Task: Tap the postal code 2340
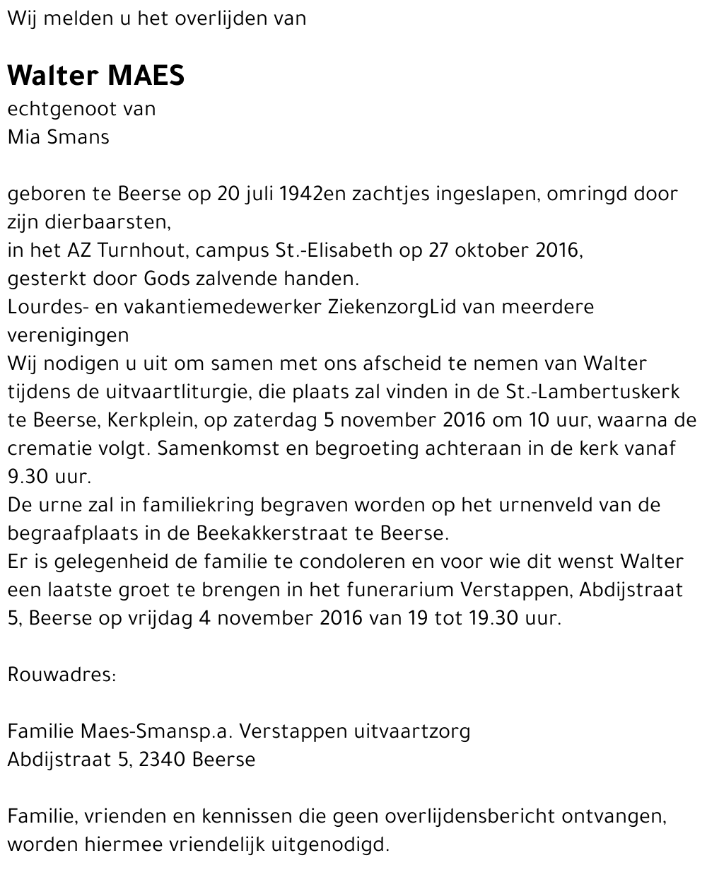point(163,760)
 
